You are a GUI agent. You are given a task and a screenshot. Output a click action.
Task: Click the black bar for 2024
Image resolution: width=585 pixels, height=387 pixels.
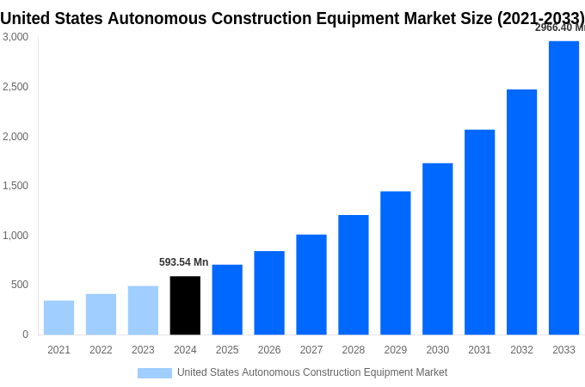coord(185,305)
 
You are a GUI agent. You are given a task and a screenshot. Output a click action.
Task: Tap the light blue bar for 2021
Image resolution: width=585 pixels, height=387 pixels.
coord(58,317)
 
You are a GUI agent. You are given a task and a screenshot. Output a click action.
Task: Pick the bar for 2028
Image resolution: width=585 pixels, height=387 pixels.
coord(353,274)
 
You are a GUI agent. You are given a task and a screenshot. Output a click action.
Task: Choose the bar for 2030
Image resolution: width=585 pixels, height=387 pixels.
coord(437,249)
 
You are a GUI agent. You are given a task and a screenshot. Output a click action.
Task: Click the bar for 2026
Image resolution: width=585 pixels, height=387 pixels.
coord(269,292)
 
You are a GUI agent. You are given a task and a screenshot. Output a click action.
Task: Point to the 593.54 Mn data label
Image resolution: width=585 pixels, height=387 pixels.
coord(183,262)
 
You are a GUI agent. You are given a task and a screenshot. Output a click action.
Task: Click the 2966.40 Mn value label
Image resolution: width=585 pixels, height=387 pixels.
coord(559,28)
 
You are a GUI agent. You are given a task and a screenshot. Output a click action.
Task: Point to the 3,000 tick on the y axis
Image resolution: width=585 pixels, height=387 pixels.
coord(15,37)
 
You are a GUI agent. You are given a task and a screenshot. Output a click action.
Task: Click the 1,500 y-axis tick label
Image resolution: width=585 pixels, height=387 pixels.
coord(15,186)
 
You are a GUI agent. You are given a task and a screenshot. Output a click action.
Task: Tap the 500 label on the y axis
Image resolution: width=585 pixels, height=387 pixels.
coord(19,285)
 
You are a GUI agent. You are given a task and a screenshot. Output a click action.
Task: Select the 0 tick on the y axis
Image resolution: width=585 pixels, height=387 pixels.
coord(25,335)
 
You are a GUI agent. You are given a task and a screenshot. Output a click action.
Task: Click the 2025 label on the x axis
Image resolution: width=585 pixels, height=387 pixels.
coord(227,350)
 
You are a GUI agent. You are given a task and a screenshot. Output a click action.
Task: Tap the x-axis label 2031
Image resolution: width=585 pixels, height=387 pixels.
coord(479,350)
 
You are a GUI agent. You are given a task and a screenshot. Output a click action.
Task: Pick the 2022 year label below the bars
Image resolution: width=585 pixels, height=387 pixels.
coord(101,350)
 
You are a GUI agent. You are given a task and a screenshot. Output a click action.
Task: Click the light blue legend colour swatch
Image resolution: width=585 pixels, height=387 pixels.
coord(155,373)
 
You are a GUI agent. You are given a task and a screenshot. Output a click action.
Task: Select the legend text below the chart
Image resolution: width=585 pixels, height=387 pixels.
coord(312,372)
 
